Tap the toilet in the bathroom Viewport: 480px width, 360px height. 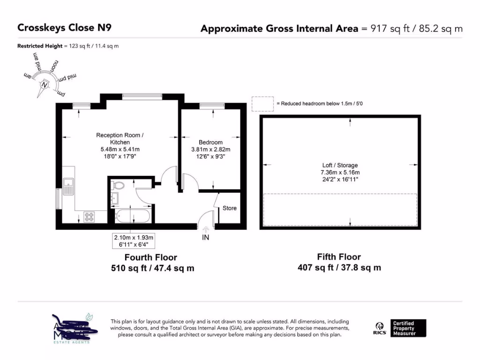coord(119,186)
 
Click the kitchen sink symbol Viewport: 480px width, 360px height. coord(69,186)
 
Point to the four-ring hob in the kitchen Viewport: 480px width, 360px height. coord(89,217)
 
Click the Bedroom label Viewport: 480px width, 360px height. coord(210,142)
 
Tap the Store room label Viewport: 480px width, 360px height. coord(229,208)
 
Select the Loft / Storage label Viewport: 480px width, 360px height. coord(340,165)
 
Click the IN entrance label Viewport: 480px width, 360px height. coord(205,238)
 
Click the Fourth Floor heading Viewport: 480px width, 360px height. coord(150,257)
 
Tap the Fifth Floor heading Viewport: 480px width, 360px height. coord(339,257)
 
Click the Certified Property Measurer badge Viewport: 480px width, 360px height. coord(409,328)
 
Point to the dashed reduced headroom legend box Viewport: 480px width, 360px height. coord(262,104)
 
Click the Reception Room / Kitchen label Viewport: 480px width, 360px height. coord(120,139)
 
